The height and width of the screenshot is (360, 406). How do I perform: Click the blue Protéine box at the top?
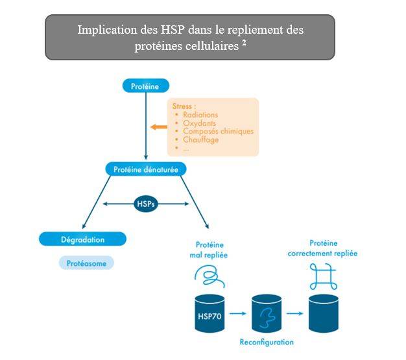(146, 85)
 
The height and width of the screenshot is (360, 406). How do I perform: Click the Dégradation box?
(81, 239)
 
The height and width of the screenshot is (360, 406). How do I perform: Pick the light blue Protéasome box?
(90, 263)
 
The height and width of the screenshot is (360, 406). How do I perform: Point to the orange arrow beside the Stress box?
(158, 126)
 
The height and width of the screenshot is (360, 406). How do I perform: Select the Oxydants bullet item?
(199, 123)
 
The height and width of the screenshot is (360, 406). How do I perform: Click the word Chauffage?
(200, 139)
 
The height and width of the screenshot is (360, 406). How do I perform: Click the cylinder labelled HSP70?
(209, 313)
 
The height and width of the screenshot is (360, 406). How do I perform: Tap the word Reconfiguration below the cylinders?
(267, 342)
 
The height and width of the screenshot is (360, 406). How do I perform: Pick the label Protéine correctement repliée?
(322, 248)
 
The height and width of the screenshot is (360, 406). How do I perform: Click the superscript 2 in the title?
(244, 43)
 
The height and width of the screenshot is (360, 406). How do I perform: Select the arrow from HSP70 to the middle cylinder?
(239, 313)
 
